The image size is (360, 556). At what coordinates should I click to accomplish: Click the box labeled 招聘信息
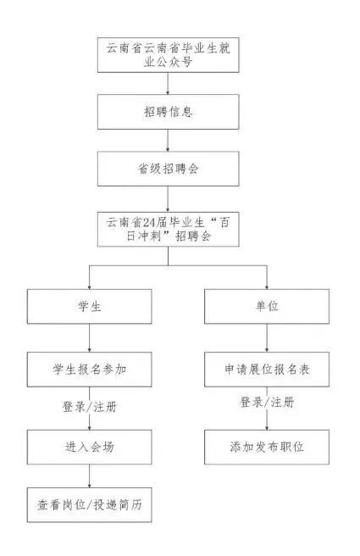click(169, 112)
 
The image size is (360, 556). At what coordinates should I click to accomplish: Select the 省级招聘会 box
click(169, 169)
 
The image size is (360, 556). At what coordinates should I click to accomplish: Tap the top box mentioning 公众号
click(169, 55)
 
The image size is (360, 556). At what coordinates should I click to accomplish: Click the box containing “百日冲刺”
click(169, 229)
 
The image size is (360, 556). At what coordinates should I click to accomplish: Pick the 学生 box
click(89, 306)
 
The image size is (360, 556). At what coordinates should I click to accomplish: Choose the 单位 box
click(267, 306)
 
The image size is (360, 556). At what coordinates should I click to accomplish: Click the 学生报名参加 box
click(89, 370)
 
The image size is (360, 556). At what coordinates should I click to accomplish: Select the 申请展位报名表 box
click(267, 370)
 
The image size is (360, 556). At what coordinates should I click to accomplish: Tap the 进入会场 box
click(89, 448)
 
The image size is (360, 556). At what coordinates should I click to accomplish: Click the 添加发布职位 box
click(267, 448)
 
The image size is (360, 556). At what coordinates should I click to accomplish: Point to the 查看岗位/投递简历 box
click(89, 504)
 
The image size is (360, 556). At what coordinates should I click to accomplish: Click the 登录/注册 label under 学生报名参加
click(90, 407)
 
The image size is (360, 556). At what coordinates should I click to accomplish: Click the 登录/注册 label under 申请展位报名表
click(267, 403)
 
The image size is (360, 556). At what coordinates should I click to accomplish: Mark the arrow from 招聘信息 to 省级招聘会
click(168, 141)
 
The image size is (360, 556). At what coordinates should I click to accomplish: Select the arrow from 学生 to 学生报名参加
click(89, 337)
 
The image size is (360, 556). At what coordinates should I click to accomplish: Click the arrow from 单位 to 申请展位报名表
click(267, 337)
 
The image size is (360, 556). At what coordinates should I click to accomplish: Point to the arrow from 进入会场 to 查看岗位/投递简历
click(89, 476)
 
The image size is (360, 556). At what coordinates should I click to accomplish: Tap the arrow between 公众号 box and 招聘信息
click(168, 83)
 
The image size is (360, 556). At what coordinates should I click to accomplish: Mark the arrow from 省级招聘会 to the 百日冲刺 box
click(168, 199)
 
